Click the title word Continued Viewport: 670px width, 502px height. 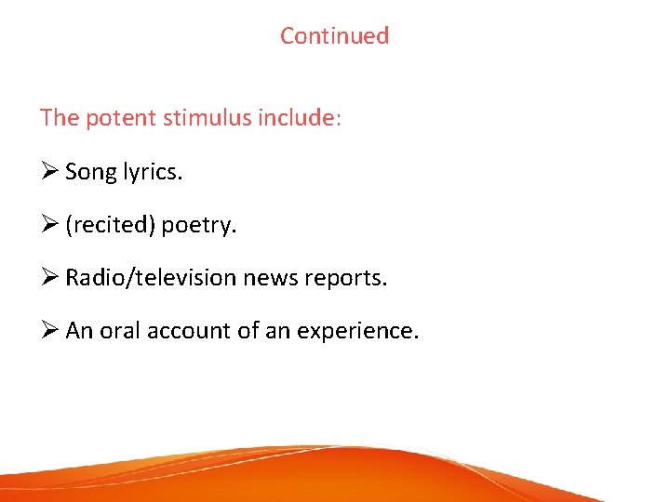(x=334, y=36)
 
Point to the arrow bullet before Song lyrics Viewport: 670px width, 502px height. (x=49, y=172)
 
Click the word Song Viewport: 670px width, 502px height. (x=91, y=172)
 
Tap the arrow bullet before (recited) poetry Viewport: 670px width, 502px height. (x=49, y=224)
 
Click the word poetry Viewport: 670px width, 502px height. (x=199, y=226)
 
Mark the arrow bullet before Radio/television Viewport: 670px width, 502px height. (x=49, y=277)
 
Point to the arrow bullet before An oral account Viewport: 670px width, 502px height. (x=49, y=330)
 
